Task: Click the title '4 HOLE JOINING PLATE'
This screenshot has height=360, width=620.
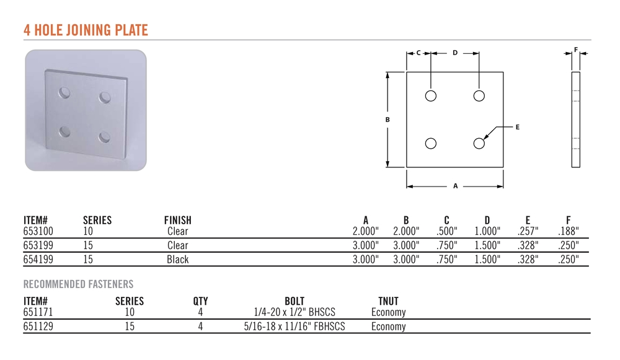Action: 86,30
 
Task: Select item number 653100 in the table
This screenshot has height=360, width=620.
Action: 38,231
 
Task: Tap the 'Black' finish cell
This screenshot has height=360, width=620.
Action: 177,260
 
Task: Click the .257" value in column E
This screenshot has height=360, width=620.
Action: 528,231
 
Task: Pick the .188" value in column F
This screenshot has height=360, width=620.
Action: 568,231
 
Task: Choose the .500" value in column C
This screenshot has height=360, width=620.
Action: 446,231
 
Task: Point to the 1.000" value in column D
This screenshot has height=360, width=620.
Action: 487,231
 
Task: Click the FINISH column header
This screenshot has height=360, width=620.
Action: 177,220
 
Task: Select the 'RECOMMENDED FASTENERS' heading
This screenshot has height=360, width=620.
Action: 78,284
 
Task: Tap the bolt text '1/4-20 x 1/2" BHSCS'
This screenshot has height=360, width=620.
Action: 294,312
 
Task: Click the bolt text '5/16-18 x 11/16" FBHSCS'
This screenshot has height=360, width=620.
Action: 294,327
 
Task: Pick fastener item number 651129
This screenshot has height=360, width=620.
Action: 38,327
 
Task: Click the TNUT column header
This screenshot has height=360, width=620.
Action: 388,301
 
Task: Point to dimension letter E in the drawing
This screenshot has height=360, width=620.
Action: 517,127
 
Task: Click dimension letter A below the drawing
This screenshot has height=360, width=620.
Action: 455,186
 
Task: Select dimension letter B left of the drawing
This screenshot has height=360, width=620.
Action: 387,120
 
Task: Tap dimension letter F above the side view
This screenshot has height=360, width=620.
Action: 576,50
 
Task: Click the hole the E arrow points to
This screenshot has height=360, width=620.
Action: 479,143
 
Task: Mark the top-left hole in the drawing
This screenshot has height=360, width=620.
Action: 431,95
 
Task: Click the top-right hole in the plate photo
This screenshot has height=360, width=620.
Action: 105,97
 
